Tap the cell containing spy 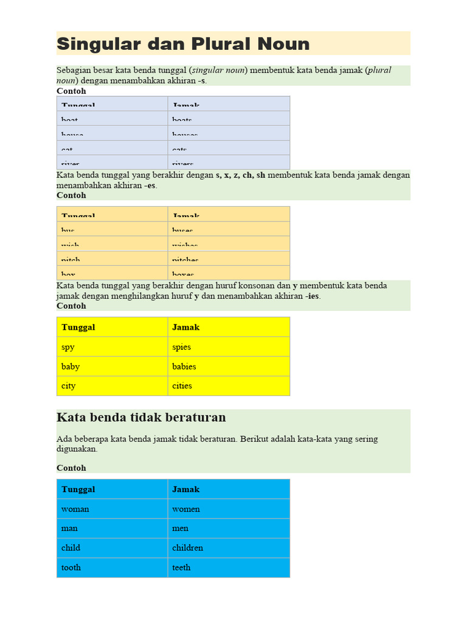(112, 347)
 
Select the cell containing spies (229, 347)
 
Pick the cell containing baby (112, 366)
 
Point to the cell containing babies (229, 366)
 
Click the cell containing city (112, 386)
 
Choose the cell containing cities (229, 386)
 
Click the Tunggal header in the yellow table (112, 327)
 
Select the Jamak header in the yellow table (229, 327)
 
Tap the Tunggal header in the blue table (112, 489)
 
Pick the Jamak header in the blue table (229, 489)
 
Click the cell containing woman (112, 509)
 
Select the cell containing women (229, 509)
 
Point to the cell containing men (229, 528)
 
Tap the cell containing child (112, 548)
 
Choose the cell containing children (229, 548)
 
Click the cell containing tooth (112, 567)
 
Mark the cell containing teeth (229, 567)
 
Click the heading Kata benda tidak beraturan (141, 417)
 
